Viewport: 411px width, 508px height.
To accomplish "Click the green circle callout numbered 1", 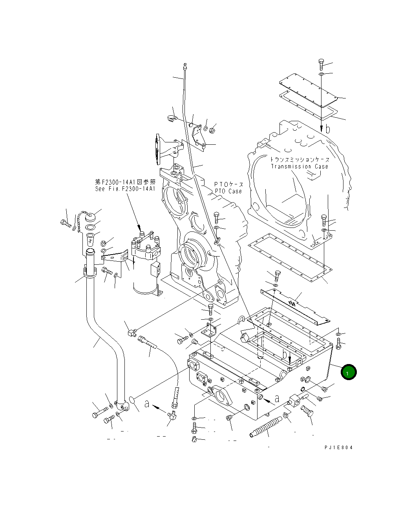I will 348,372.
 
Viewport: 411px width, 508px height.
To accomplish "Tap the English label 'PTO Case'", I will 228,191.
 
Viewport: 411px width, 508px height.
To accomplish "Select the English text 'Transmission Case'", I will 300,166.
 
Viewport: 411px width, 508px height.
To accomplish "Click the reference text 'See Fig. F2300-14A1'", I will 125,189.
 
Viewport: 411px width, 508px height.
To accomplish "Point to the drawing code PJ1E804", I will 338,448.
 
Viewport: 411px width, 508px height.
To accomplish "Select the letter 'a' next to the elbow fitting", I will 147,403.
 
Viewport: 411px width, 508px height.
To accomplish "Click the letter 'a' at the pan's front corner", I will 277,399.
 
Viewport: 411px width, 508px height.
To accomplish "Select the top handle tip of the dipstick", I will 184,64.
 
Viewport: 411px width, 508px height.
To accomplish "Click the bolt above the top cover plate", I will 321,63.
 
